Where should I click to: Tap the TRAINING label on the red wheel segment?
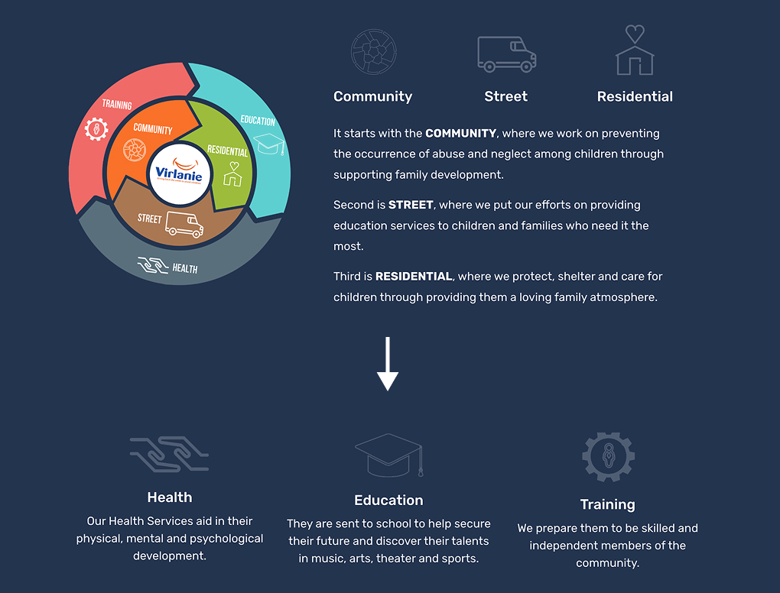(x=117, y=105)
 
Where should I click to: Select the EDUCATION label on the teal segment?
(x=258, y=120)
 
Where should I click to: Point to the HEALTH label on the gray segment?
(x=185, y=269)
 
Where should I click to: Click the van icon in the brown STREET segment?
(x=184, y=224)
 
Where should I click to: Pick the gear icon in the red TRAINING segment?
(x=96, y=129)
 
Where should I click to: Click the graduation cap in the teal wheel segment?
(x=269, y=144)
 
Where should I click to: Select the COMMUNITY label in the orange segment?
(x=153, y=129)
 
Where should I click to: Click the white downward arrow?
(x=388, y=364)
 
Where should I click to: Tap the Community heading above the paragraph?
(x=372, y=96)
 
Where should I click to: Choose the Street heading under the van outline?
(x=506, y=96)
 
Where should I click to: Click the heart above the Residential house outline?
(x=635, y=34)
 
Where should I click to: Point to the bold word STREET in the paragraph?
(x=411, y=205)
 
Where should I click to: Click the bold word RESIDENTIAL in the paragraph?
(x=414, y=277)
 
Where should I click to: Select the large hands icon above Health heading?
(x=169, y=454)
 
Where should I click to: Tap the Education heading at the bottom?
(x=388, y=500)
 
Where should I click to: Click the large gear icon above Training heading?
(x=608, y=457)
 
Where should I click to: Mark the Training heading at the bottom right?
(x=607, y=504)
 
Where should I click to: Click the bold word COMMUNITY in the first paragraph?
(x=460, y=133)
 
